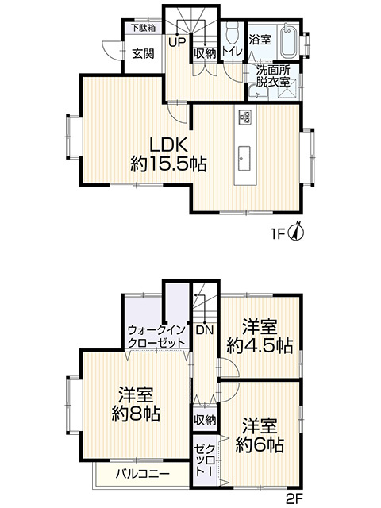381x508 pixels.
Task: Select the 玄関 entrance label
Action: [144, 54]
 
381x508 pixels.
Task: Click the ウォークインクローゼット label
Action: [156, 337]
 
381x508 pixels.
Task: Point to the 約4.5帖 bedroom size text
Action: [260, 336]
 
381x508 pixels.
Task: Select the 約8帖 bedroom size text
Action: [137, 404]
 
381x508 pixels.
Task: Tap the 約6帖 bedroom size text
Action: [260, 434]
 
